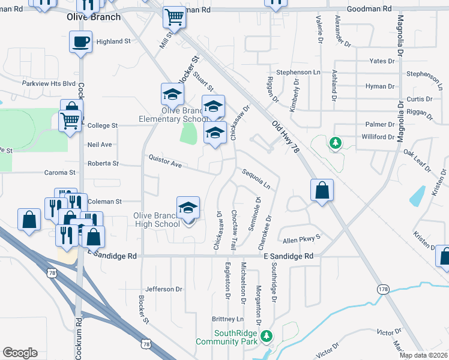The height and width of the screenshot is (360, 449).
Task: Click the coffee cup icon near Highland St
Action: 81,43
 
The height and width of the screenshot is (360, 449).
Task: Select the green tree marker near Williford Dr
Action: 335,143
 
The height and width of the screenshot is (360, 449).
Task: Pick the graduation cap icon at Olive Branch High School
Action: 188,208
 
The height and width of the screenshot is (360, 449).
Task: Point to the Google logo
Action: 20,353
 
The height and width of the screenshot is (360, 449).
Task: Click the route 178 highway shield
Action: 383,289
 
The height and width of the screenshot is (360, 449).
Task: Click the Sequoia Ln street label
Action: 256,178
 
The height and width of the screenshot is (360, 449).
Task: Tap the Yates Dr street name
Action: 382,61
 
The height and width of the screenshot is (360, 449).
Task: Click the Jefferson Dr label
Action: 163,289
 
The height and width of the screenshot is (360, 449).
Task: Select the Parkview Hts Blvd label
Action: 49,83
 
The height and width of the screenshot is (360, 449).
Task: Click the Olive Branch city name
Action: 93,17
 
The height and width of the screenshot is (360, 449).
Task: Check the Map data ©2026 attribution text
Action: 424,355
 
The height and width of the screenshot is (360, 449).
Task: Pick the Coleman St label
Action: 104,202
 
